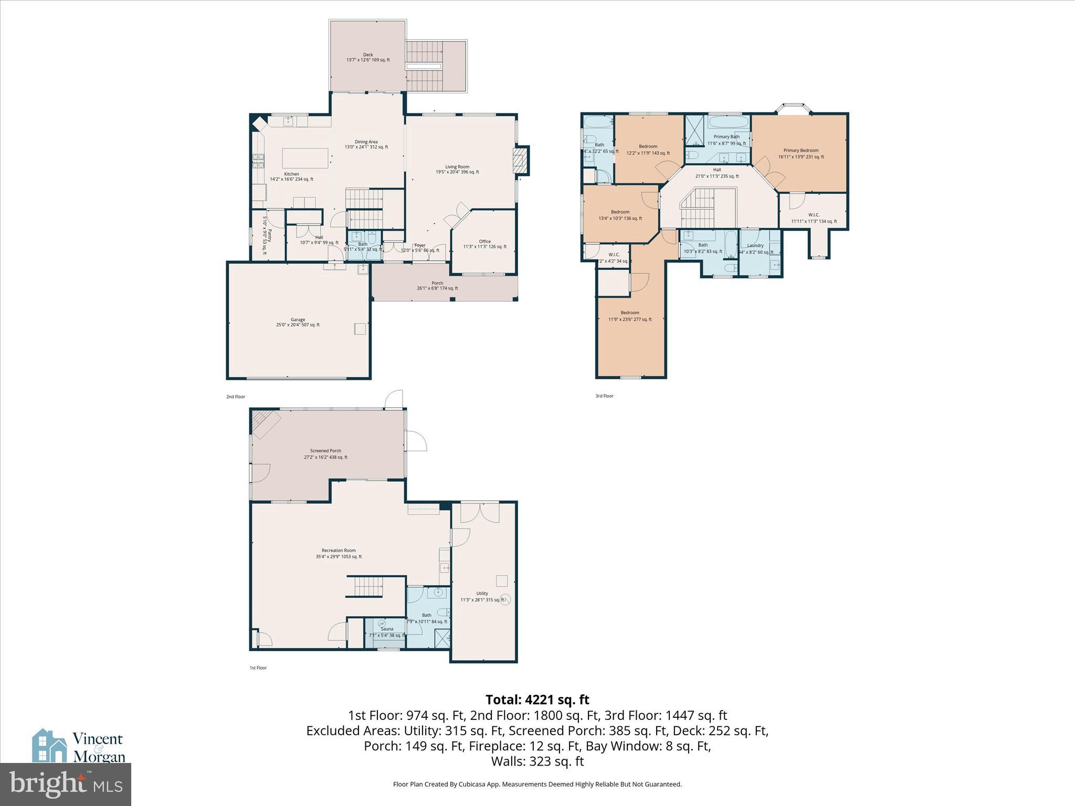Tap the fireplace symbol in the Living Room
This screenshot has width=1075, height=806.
521,160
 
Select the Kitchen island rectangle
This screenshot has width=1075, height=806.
305,158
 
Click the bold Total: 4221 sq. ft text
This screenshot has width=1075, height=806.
537,699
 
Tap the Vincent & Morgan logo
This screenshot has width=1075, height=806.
79,746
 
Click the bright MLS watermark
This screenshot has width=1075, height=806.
66,784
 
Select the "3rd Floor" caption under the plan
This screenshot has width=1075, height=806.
604,396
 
